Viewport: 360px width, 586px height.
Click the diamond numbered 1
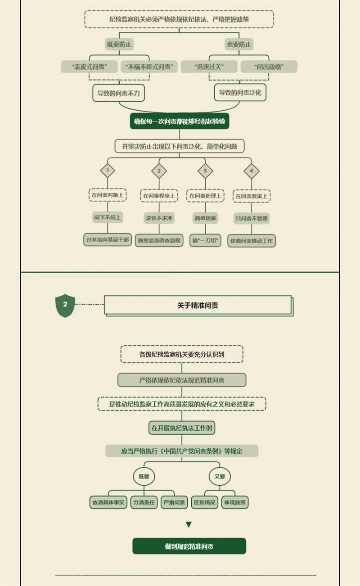point(108,171)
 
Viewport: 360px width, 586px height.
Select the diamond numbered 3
point(205,171)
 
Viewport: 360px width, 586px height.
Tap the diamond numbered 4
point(252,171)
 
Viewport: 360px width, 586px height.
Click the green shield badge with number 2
point(65,305)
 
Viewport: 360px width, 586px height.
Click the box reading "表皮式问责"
point(89,67)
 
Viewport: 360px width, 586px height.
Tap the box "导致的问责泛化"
point(240,93)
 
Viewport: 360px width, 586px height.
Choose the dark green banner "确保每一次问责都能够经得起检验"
point(180,121)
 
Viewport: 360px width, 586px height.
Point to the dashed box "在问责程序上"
point(159,195)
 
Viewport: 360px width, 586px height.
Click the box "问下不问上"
point(108,218)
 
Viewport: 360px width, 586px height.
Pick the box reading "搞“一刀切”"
point(205,240)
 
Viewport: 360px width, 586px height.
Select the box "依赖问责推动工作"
point(252,240)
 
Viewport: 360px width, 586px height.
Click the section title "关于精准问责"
point(198,305)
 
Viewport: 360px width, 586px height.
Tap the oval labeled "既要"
point(144,476)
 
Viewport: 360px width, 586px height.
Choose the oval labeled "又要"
point(220,476)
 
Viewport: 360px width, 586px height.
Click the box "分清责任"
point(144,502)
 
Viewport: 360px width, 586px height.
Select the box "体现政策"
point(235,502)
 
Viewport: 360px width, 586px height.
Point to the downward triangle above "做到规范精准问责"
point(189,525)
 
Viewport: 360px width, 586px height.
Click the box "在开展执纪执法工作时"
point(182,428)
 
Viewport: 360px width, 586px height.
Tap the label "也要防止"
point(239,44)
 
